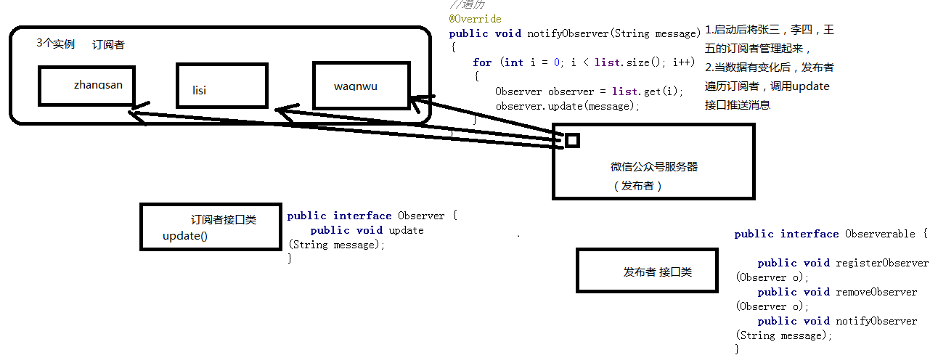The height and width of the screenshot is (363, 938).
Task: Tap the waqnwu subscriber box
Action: tap(360, 86)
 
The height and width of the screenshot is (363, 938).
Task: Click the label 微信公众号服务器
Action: tap(654, 166)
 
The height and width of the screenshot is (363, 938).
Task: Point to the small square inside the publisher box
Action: tap(572, 140)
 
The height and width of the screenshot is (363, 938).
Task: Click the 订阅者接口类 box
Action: tap(211, 227)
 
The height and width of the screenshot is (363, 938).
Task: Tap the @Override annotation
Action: tap(475, 18)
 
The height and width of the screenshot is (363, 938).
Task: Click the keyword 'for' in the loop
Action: tap(482, 62)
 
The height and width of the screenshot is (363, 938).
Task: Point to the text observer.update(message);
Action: tap(568, 106)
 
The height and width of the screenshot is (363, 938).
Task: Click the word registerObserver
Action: tap(882, 263)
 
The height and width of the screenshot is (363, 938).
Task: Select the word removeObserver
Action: tap(876, 292)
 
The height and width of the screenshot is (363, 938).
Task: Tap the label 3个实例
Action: tap(55, 44)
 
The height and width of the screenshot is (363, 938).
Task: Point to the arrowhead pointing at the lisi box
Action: tap(285, 111)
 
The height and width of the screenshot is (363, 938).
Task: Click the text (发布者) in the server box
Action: tap(638, 185)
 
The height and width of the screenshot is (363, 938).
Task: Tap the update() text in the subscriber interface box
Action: tap(184, 236)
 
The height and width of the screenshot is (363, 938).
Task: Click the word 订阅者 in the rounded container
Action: tap(108, 45)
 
